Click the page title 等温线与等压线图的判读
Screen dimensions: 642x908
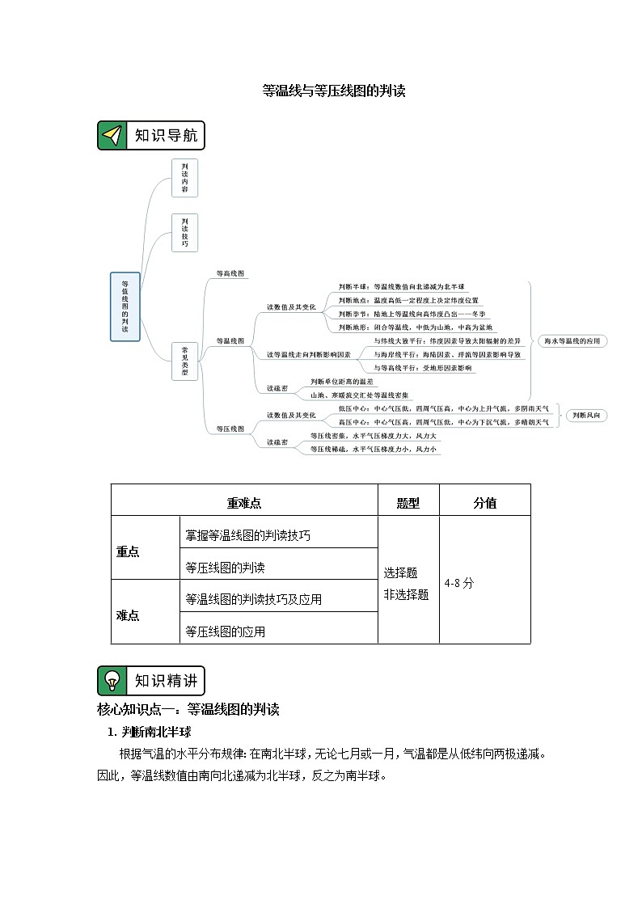pos(333,91)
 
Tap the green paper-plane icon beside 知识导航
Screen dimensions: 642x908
pos(112,136)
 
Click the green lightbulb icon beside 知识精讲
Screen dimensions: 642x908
pos(112,681)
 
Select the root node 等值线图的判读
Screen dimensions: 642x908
pos(125,306)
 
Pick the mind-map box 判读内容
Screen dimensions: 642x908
pos(184,178)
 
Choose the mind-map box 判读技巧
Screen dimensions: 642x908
pos(184,232)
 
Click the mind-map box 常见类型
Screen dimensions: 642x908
pos(184,361)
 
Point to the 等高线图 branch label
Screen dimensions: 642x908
pos(230,274)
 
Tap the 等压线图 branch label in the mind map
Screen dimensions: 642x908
pos(230,429)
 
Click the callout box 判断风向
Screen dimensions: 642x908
pos(585,416)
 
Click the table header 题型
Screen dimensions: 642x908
pos(408,503)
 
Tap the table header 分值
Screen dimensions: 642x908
pos(484,503)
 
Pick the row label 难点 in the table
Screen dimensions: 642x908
pos(128,615)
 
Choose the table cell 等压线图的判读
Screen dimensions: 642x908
pos(225,568)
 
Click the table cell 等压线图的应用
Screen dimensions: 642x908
pos(225,631)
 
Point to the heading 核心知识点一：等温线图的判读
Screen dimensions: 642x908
pos(188,710)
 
